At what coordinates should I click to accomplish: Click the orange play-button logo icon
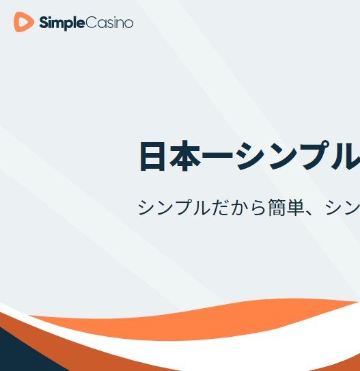tap(23, 22)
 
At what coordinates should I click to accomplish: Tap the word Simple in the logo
tap(61, 23)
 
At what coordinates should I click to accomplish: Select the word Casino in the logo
tap(109, 23)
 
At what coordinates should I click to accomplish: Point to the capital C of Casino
tap(90, 23)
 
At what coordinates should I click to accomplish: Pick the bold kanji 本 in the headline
tap(185, 156)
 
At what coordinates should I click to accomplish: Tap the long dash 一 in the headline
tap(218, 156)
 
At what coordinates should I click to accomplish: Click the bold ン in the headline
tap(283, 156)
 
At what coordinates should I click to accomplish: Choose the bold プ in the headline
tap(316, 155)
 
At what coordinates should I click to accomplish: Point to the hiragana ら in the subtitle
tap(258, 208)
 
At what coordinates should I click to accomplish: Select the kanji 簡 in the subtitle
tap(277, 208)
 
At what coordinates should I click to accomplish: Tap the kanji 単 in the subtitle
tap(296, 208)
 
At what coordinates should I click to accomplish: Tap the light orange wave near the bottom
tap(189, 322)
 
